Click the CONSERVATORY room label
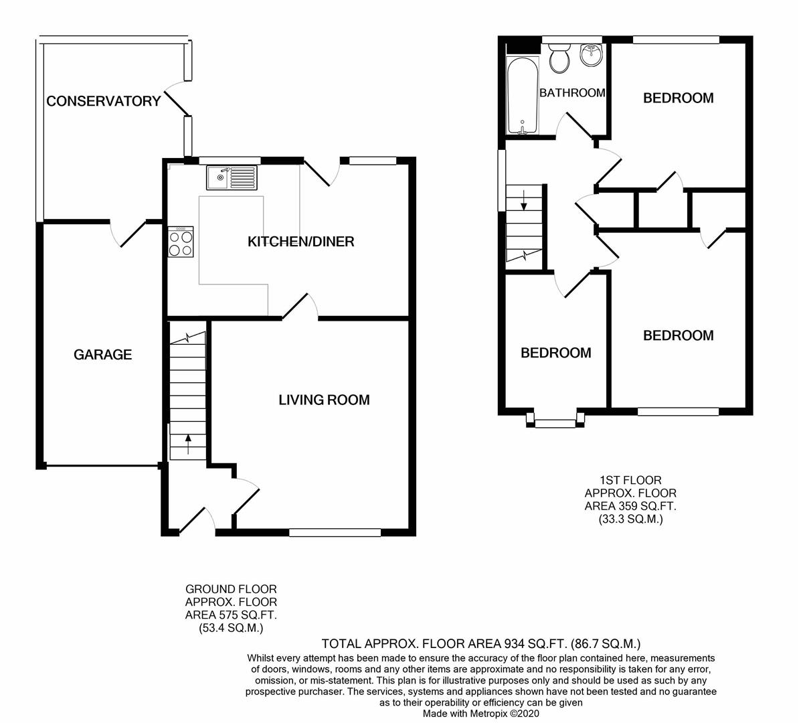pos(103,101)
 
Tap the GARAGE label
pos(102,355)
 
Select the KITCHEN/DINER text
pos(300,242)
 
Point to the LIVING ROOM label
pos(324,400)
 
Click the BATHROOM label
pos(572,93)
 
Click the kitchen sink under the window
pos(231,178)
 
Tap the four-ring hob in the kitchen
pos(181,242)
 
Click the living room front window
pos(335,533)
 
